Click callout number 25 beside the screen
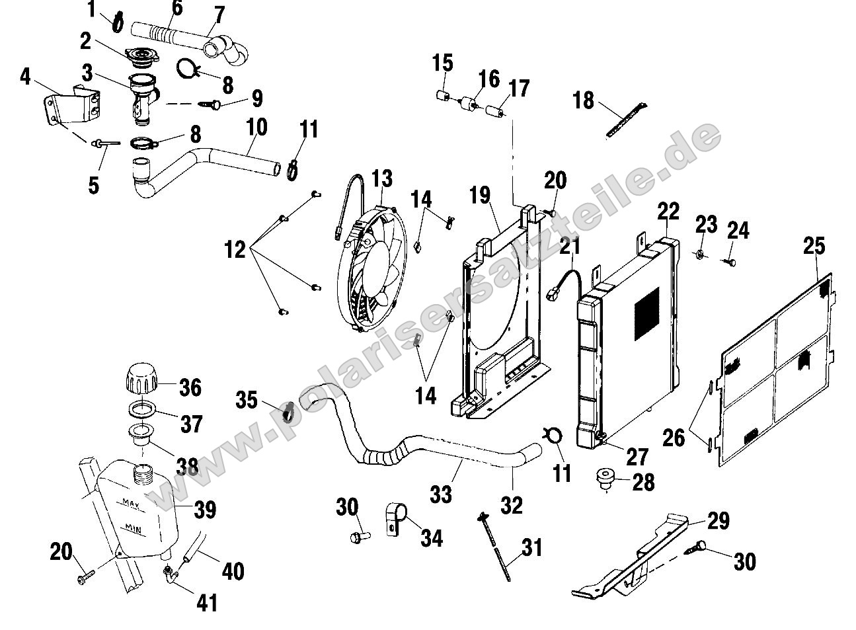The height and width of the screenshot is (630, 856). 814,246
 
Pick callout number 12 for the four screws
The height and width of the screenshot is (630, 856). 235,250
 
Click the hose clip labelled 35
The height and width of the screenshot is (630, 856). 288,413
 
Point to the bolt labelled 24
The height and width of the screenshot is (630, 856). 731,263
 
